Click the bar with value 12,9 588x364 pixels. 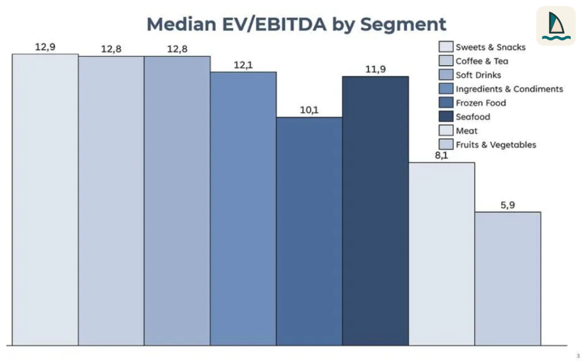click(x=45, y=199)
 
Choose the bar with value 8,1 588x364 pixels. click(x=441, y=254)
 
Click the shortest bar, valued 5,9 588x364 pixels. click(x=507, y=278)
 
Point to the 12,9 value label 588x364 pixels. click(x=45, y=47)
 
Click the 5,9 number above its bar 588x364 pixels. click(x=507, y=205)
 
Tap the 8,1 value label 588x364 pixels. click(x=441, y=155)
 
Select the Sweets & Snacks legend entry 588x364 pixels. click(x=490, y=47)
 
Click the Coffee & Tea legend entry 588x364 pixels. click(x=482, y=61)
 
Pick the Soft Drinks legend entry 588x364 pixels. click(x=478, y=75)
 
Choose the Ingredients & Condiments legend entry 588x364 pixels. click(x=509, y=89)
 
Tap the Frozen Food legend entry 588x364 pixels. click(x=480, y=103)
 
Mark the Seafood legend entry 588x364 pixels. click(x=473, y=117)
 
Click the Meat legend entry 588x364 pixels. click(x=466, y=131)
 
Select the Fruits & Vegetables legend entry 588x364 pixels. click(x=496, y=145)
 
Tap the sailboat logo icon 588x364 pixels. click(x=556, y=26)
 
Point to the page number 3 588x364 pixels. click(x=578, y=356)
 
